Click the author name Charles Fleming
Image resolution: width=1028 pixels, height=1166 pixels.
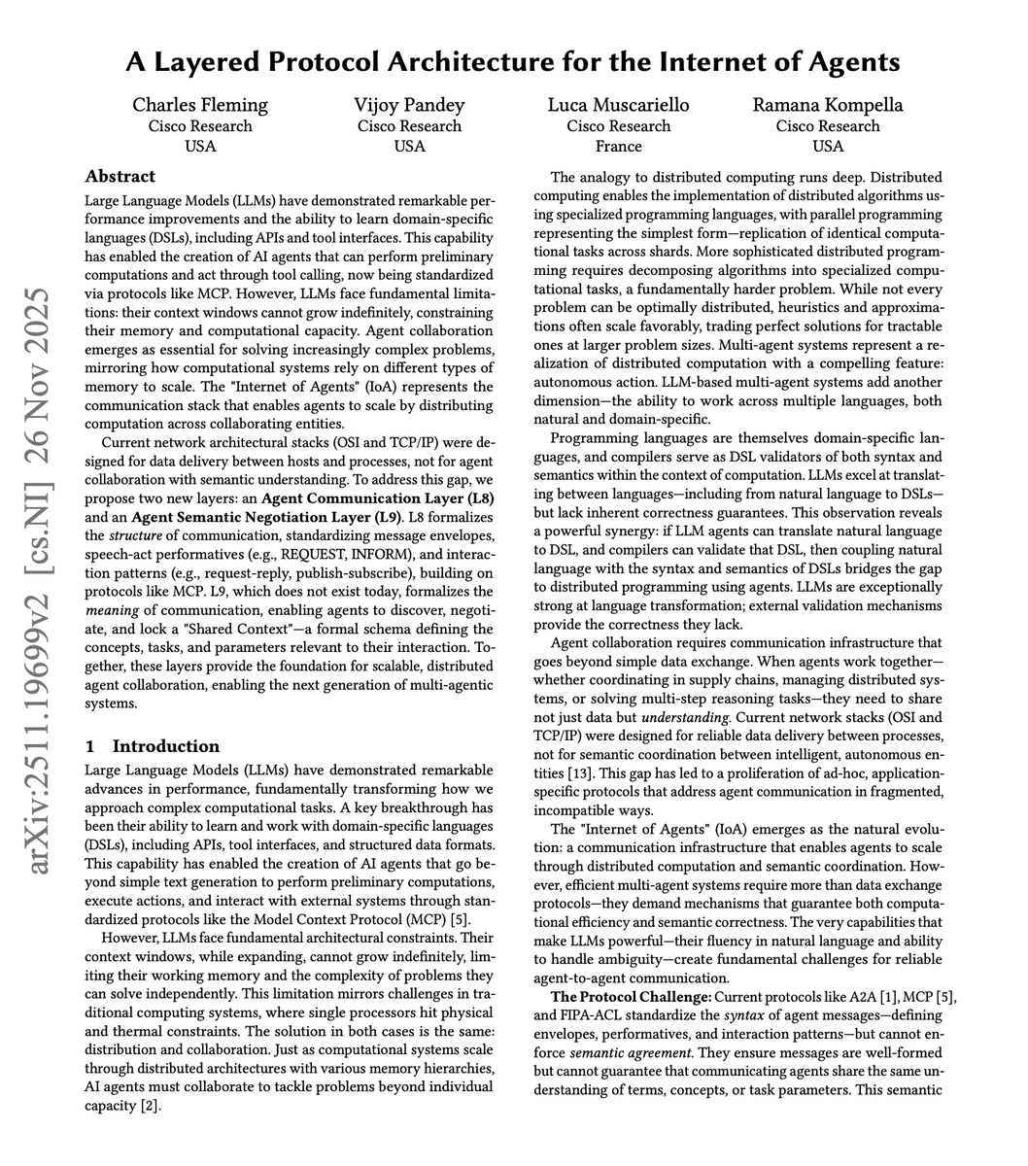(x=200, y=105)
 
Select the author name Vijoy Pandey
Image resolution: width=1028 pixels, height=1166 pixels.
(x=409, y=105)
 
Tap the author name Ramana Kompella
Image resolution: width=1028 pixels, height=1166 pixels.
(x=828, y=105)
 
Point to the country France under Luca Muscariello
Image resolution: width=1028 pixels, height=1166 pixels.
(x=619, y=147)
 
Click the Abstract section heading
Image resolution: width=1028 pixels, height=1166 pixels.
(x=120, y=177)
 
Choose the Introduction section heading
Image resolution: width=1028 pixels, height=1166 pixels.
(x=166, y=746)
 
